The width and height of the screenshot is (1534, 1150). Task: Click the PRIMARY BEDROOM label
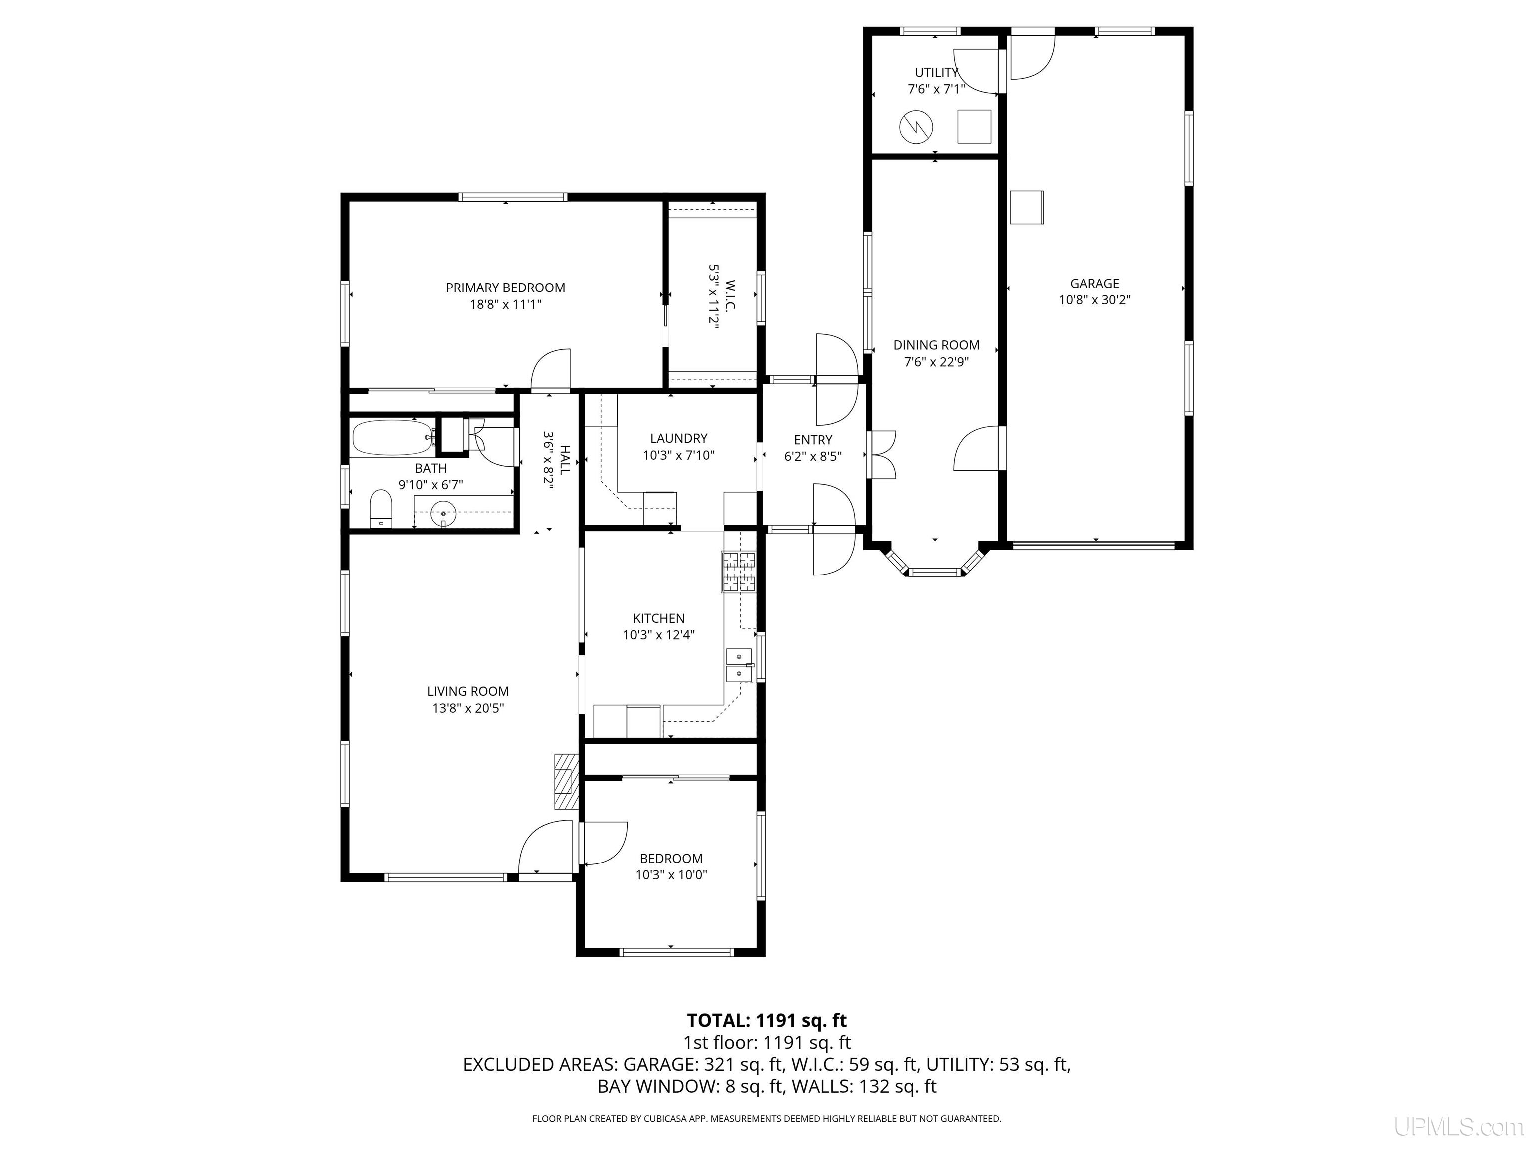coord(505,287)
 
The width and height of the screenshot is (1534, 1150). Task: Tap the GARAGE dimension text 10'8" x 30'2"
coord(1095,300)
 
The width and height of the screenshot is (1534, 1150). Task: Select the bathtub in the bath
coord(392,438)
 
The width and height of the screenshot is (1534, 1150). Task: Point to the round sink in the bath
coord(443,514)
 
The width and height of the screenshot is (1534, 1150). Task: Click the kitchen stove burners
coord(739,572)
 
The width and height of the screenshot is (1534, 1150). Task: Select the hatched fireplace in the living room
coord(566,781)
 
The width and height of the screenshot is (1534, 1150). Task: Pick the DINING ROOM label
coord(936,345)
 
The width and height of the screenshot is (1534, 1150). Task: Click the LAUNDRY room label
coord(678,438)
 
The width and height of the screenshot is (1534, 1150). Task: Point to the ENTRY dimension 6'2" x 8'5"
coord(813,457)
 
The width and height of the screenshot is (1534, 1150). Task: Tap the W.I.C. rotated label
coord(730,295)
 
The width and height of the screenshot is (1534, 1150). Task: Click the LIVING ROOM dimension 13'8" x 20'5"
coord(468,708)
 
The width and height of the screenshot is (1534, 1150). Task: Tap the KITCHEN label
coord(658,618)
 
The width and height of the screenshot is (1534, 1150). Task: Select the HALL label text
coord(564,460)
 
